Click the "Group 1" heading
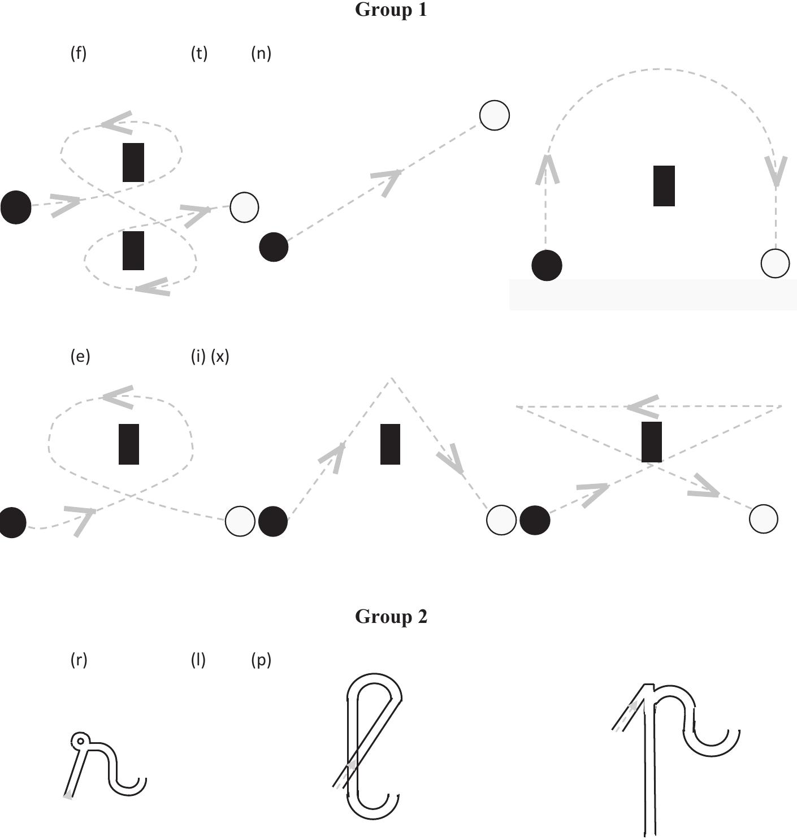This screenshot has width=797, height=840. tap(391, 10)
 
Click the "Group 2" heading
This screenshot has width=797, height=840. tap(391, 616)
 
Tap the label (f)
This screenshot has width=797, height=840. tap(79, 53)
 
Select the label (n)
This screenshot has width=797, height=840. tap(261, 53)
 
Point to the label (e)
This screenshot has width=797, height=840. tap(80, 356)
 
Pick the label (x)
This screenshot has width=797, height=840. tap(220, 356)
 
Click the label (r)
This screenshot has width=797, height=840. tap(79, 659)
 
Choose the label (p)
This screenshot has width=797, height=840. tap(261, 659)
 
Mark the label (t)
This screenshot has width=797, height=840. tap(199, 53)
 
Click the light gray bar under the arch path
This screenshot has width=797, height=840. tap(653, 295)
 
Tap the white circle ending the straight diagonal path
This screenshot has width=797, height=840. tap(494, 115)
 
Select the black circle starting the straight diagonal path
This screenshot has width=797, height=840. tap(274, 247)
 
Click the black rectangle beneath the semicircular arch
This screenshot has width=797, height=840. tap(664, 186)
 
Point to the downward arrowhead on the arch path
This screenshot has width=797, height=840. tap(776, 171)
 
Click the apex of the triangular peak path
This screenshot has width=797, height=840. tap(391, 378)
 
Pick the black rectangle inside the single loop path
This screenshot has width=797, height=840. tap(129, 444)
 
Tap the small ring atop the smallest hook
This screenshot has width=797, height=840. tap(80, 741)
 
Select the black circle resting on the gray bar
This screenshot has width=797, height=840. tap(547, 265)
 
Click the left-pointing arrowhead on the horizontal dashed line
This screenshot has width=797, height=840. tap(643, 406)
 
